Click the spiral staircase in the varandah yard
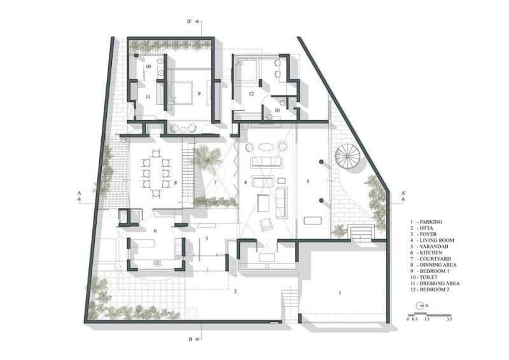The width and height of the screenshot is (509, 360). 347,156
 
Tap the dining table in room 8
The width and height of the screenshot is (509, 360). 155,173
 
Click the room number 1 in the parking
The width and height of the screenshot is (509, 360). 340,293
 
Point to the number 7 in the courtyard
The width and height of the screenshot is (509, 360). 215,183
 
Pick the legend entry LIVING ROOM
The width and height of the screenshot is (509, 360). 432,240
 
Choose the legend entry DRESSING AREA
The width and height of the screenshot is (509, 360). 435,284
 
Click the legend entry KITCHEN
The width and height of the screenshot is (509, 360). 426,253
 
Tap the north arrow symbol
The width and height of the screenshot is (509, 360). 421,305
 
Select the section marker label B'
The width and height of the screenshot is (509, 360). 190,22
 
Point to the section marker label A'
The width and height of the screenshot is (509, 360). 403,193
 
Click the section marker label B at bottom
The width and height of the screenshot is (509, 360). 190,339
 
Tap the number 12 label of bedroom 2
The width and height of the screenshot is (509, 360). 251,93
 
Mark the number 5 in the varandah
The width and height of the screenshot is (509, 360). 308,182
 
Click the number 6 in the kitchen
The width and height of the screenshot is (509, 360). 155,230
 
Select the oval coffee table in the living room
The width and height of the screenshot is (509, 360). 265,147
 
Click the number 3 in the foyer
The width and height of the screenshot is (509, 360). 206,239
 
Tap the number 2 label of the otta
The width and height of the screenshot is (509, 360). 235,291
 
